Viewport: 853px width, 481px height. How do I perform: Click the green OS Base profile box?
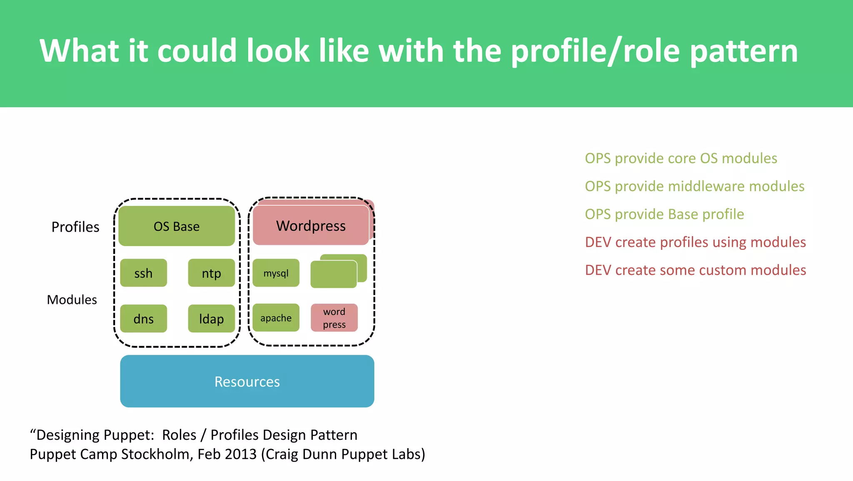[177, 226]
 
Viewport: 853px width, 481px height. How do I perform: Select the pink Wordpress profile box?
[311, 226]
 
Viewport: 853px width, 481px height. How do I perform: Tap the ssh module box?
[143, 273]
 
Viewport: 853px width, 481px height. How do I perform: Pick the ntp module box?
[211, 273]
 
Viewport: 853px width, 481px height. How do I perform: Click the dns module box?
[143, 319]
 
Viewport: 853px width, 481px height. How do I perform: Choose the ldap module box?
[211, 319]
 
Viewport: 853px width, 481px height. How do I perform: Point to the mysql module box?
[276, 273]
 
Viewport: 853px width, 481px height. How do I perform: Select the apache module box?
[276, 318]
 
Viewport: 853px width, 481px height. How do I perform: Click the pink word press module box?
[334, 318]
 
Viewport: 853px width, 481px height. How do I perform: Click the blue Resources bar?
[247, 381]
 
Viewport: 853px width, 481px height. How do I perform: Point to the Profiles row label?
[75, 227]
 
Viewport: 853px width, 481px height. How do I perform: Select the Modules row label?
[72, 300]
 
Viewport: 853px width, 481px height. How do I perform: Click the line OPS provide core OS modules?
[681, 158]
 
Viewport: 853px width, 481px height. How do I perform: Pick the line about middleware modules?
[694, 186]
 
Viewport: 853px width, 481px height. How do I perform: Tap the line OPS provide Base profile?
[664, 214]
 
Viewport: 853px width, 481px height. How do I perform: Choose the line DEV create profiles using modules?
[695, 242]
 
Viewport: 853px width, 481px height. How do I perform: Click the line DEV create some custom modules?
[695, 270]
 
